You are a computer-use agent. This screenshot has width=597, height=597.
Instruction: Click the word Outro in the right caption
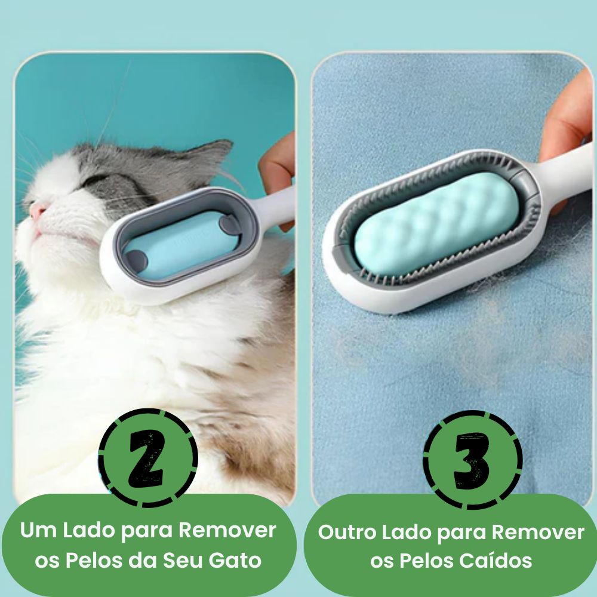tap(347, 532)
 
